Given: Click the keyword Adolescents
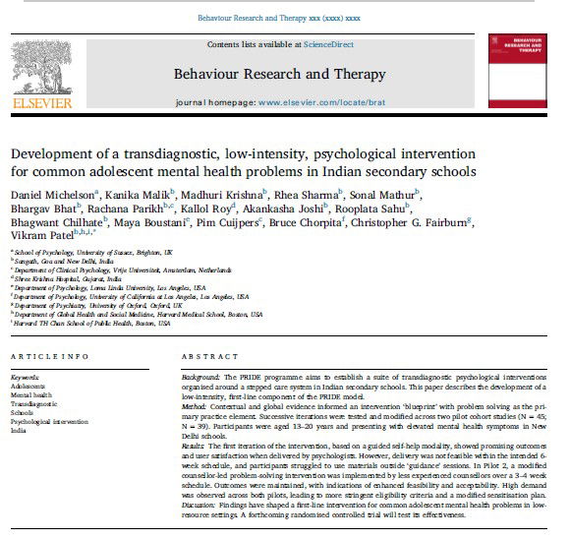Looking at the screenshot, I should pyautogui.click(x=30, y=385).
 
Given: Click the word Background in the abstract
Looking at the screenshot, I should pyautogui.click(x=203, y=378).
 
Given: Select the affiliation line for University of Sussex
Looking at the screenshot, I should pyautogui.click(x=74, y=252).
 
